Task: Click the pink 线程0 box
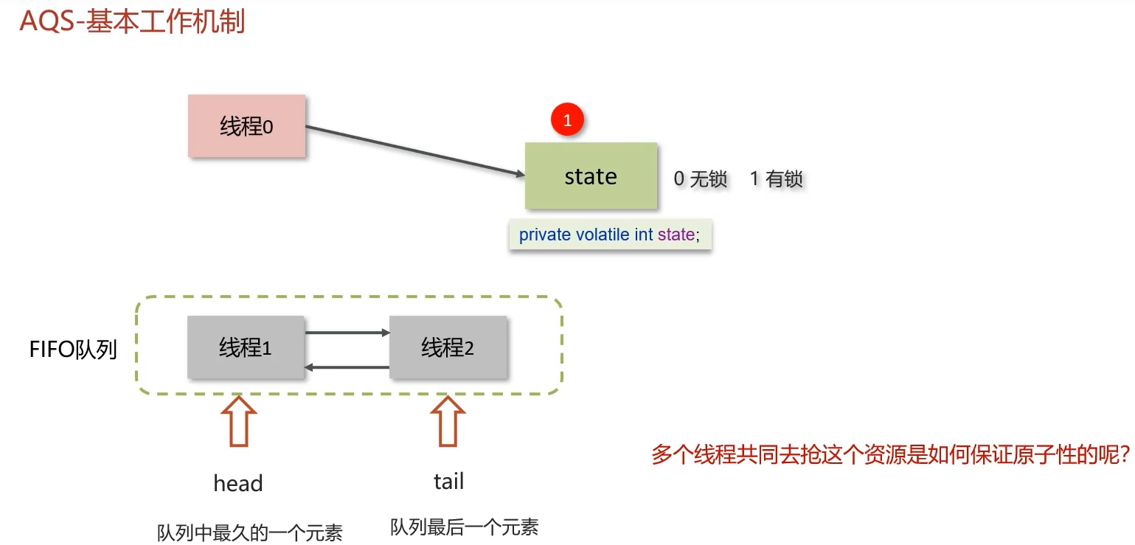click(x=246, y=126)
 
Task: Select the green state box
click(x=590, y=176)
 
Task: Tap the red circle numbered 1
click(x=567, y=121)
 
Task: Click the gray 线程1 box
click(x=246, y=347)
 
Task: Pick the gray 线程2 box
click(x=448, y=347)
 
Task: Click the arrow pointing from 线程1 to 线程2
click(x=347, y=333)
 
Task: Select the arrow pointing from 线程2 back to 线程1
click(x=347, y=367)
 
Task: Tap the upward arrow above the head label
click(x=238, y=422)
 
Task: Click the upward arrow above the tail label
click(x=448, y=421)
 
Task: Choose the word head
click(x=238, y=484)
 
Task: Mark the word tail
click(x=448, y=482)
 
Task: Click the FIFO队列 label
click(x=73, y=349)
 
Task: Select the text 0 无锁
click(x=700, y=178)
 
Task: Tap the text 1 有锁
click(x=776, y=178)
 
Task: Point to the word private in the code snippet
click(x=544, y=235)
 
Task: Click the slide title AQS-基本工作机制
click(x=132, y=21)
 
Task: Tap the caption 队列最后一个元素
click(x=464, y=527)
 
